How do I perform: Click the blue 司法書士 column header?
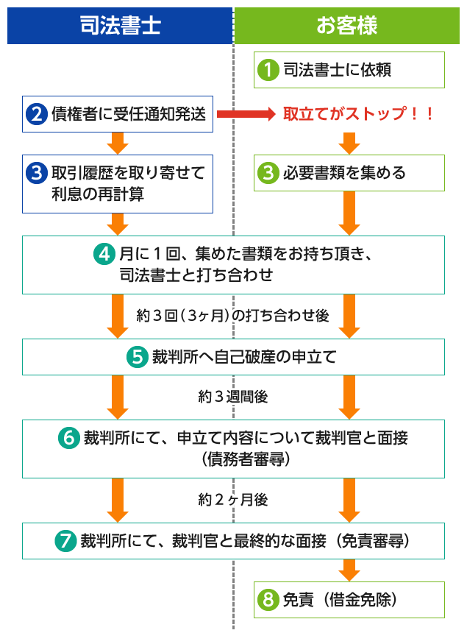tap(120, 26)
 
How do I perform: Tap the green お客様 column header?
tap(347, 26)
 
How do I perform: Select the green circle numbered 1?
tap(268, 70)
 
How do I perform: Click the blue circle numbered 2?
tap(37, 114)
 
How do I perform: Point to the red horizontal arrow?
tap(246, 114)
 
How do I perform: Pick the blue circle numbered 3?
tap(37, 173)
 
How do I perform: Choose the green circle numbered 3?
tap(268, 173)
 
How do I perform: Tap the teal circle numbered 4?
tap(104, 254)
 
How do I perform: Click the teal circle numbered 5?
tap(138, 357)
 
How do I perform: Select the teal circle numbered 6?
tap(69, 438)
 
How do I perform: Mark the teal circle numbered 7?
tap(65, 541)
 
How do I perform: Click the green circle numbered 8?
tap(268, 599)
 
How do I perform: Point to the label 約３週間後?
tap(233, 397)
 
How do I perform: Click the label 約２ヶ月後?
tap(233, 500)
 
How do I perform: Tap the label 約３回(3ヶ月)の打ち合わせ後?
tap(232, 315)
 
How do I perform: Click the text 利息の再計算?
tap(98, 194)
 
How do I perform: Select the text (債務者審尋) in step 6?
tap(246, 459)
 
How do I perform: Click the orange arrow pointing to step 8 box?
tap(349, 570)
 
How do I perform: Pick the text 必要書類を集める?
tap(344, 173)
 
